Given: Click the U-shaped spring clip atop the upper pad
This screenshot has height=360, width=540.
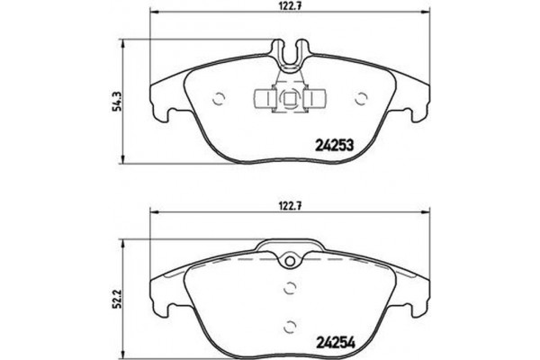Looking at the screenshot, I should pos(290,55).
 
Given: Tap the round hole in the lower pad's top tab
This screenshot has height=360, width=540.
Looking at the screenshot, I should pos(290,262).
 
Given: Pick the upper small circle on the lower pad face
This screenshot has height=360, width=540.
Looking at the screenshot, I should pos(290,288).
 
